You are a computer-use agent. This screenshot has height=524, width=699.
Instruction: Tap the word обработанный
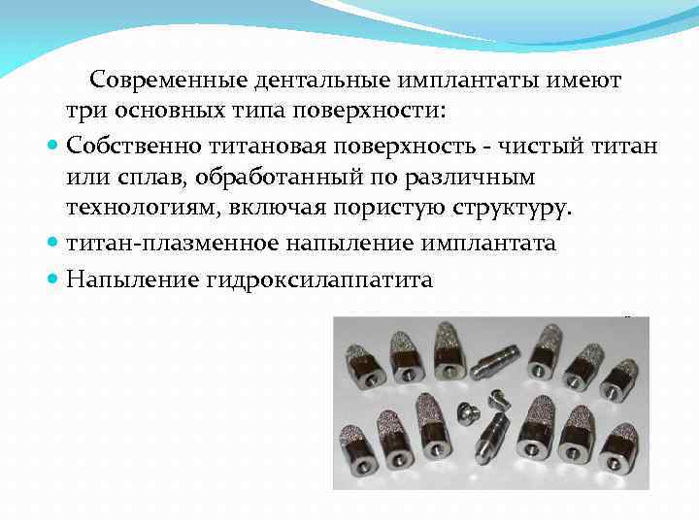(x=299, y=178)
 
